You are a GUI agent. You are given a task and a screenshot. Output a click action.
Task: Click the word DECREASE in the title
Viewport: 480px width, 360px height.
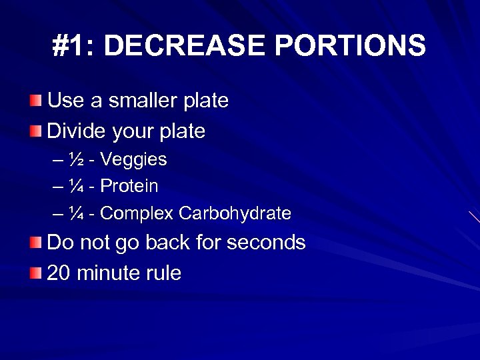point(185,47)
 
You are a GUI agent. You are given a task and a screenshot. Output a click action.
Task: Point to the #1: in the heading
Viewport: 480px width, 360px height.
point(74,47)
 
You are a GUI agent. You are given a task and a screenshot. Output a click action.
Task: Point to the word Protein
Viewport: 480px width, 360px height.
point(129,186)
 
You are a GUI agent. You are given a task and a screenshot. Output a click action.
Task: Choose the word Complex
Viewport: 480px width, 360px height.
point(137,213)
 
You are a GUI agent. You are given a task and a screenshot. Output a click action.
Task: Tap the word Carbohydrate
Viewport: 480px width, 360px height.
point(235,213)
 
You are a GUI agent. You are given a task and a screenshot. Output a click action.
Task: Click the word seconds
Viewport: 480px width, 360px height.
point(266,243)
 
